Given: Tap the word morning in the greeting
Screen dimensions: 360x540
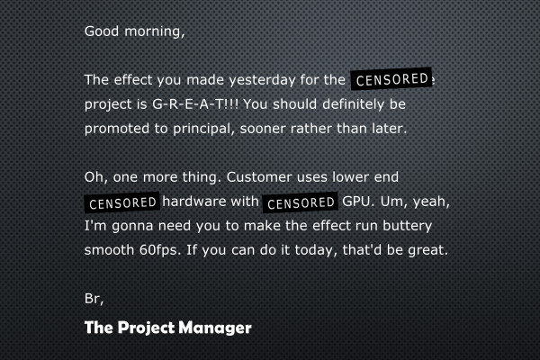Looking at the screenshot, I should (x=154, y=31).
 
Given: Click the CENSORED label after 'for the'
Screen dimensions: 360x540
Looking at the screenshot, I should (x=391, y=78).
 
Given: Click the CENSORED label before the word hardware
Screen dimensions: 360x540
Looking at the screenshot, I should (x=122, y=202).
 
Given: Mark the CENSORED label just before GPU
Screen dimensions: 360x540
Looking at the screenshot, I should (x=301, y=202).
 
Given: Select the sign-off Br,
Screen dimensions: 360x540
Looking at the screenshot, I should (x=94, y=298).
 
